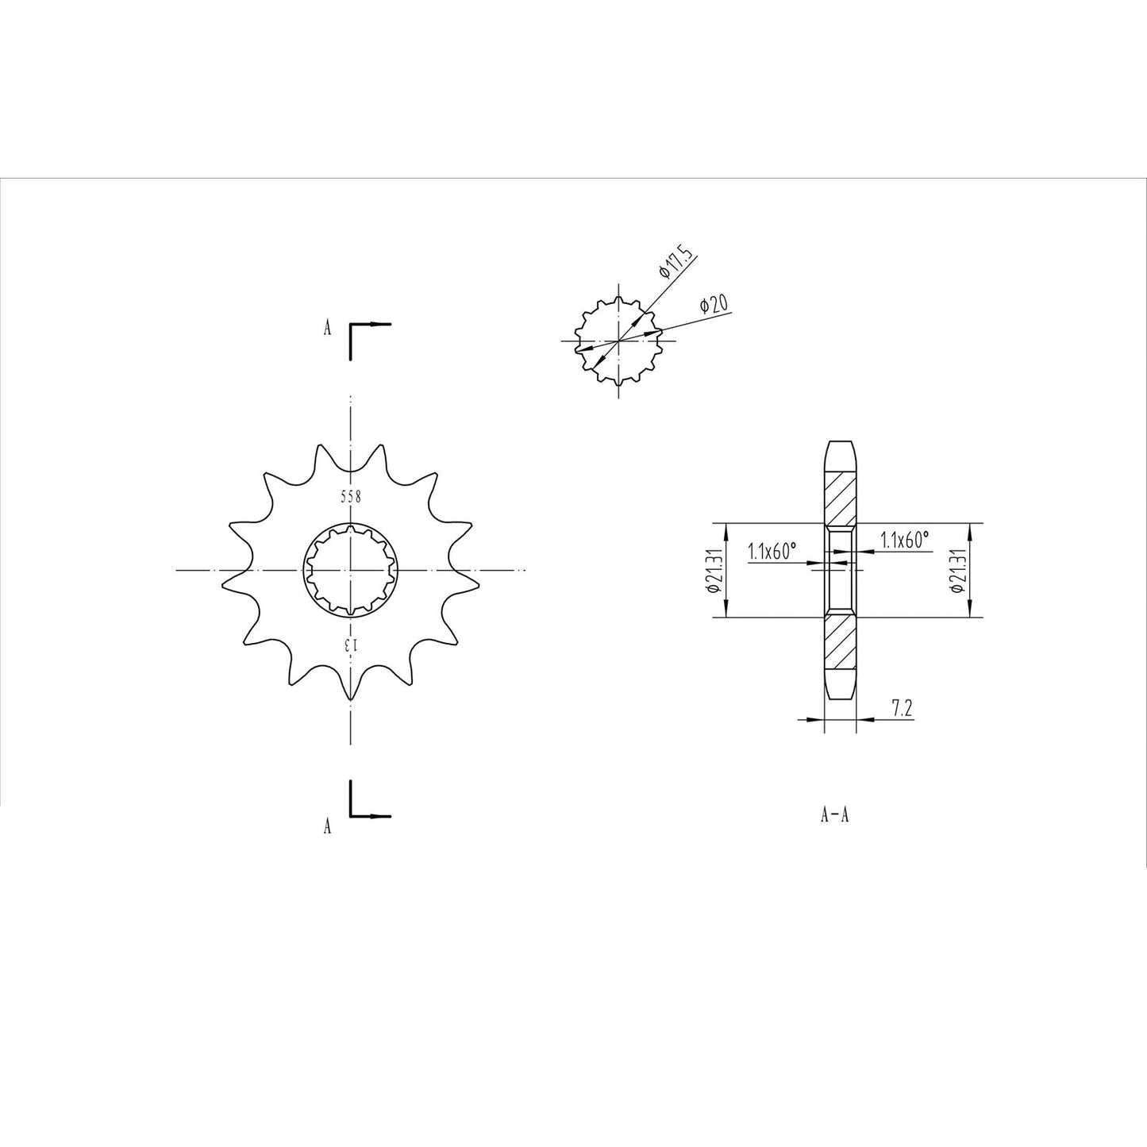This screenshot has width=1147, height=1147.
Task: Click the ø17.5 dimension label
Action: click(676, 264)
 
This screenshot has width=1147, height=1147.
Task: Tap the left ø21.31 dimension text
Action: click(712, 571)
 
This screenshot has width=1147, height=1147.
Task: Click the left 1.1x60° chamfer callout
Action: click(771, 552)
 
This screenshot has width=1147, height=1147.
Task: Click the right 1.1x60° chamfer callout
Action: click(904, 541)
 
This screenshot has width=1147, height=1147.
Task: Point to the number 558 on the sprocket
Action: click(351, 498)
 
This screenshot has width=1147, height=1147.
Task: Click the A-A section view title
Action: click(835, 815)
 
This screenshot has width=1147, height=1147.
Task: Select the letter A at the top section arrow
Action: click(327, 329)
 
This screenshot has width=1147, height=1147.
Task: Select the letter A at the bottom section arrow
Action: click(327, 827)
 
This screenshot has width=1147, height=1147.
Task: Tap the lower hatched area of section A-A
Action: click(841, 643)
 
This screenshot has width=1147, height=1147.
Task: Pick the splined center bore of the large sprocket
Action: click(351, 570)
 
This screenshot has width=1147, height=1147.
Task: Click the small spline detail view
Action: click(619, 341)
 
